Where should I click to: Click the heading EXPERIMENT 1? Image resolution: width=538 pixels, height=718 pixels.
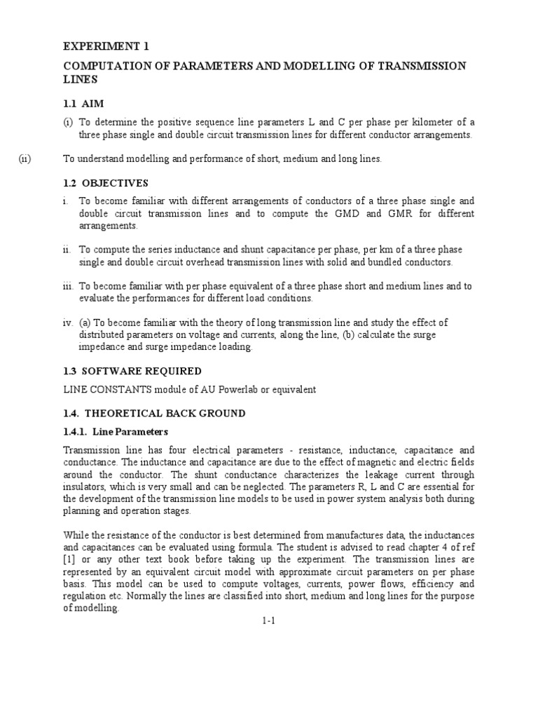point(106,46)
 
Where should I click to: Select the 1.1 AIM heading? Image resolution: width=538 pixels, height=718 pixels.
point(83,103)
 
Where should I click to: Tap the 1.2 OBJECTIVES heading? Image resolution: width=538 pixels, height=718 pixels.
point(106,183)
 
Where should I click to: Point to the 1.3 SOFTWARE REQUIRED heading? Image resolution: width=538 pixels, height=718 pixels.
point(132,371)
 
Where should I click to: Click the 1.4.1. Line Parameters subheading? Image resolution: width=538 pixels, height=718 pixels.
point(116,431)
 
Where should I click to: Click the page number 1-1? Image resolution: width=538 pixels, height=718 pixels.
point(268,621)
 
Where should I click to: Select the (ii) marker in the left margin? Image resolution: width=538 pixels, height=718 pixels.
point(25,159)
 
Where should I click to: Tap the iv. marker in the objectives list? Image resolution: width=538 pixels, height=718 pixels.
point(67,323)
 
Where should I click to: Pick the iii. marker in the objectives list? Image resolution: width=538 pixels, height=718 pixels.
point(68,286)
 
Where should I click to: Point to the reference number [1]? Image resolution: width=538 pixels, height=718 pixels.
point(69,560)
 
